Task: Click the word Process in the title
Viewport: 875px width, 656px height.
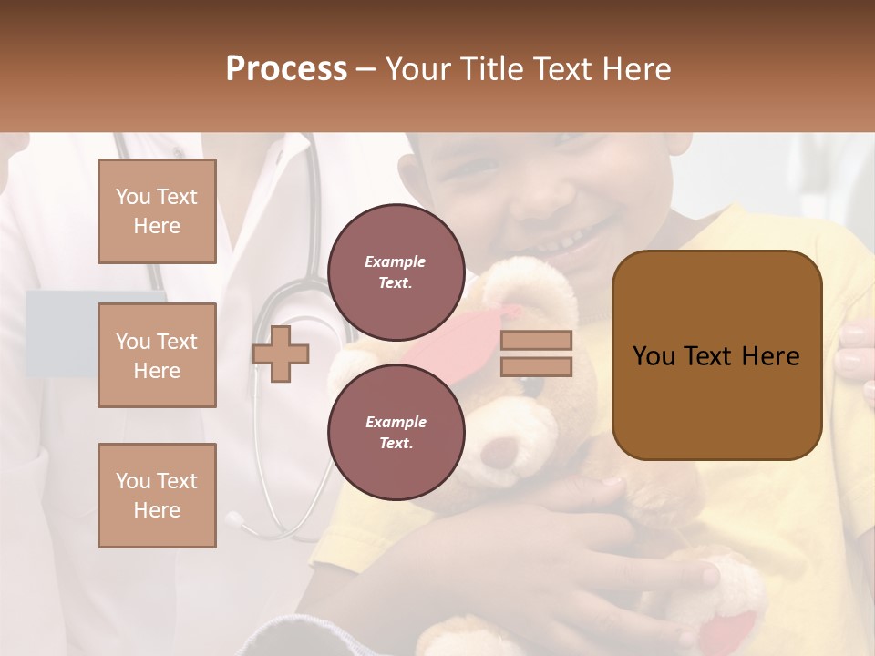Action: pyautogui.click(x=286, y=69)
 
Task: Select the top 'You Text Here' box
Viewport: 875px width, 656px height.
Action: pyautogui.click(x=157, y=211)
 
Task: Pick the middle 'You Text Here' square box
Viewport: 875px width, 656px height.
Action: pyautogui.click(x=157, y=355)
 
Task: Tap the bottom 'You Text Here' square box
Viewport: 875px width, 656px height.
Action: pyautogui.click(x=157, y=496)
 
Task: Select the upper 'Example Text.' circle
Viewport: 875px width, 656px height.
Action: pyautogui.click(x=396, y=272)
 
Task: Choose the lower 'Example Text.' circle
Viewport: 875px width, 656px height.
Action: pyautogui.click(x=396, y=433)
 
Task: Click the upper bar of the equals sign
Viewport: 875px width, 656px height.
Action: pyautogui.click(x=536, y=341)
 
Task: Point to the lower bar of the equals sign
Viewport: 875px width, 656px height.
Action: pyautogui.click(x=536, y=366)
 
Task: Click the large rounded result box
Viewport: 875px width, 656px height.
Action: pyautogui.click(x=716, y=355)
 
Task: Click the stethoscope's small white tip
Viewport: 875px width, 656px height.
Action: pyautogui.click(x=235, y=520)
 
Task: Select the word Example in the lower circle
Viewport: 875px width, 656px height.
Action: pyautogui.click(x=396, y=422)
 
